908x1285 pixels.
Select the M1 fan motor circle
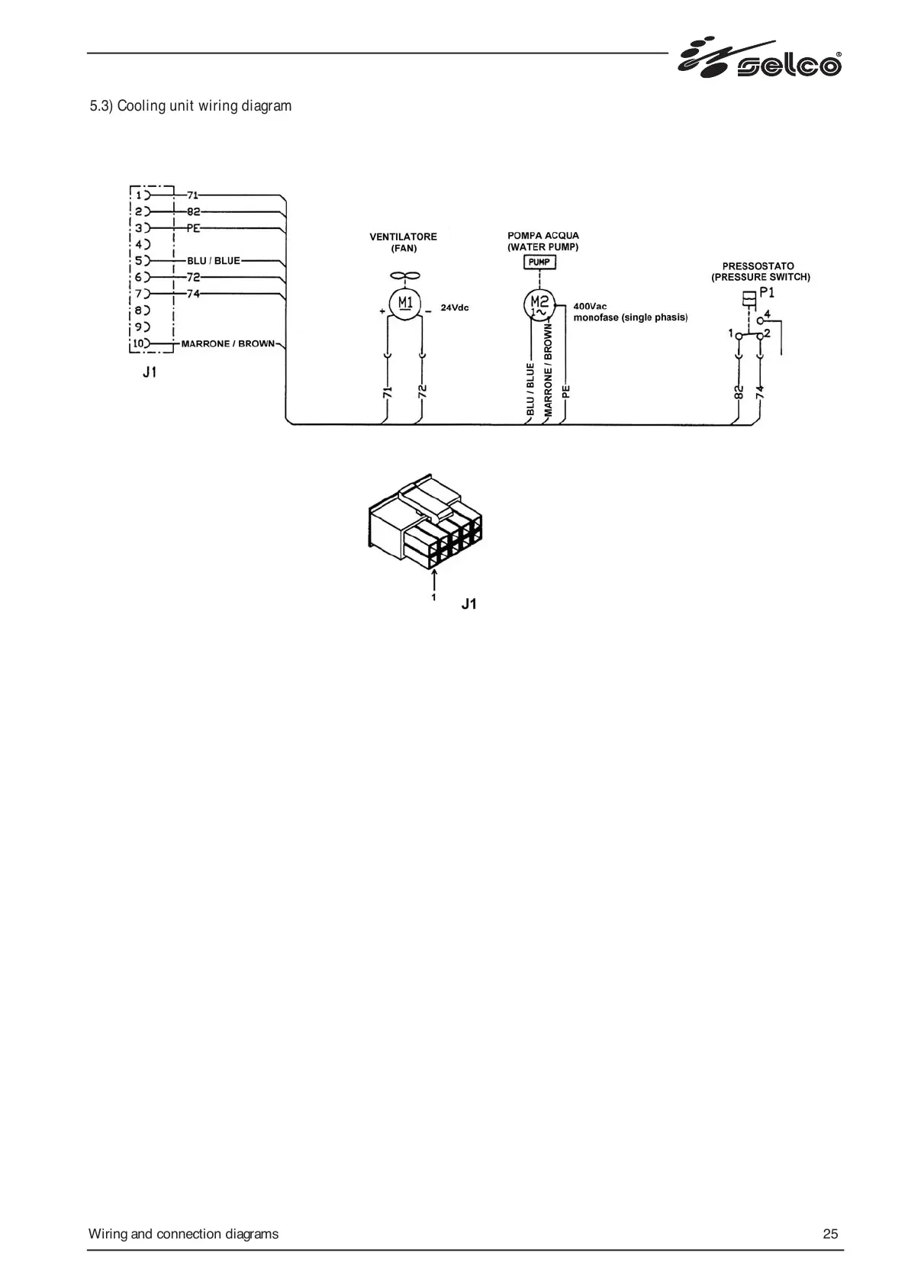[404, 304]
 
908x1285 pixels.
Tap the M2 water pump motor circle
[539, 304]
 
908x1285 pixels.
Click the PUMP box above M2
[539, 262]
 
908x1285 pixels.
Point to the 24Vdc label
[455, 308]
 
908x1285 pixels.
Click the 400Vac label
[590, 307]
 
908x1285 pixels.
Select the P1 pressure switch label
[767, 293]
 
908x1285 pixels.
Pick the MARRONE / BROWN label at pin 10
[227, 343]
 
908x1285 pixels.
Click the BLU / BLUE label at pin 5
[213, 261]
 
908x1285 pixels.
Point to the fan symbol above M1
[404, 275]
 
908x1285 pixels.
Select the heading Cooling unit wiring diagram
[191, 105]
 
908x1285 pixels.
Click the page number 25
[830, 1234]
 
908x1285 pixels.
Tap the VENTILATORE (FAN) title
[404, 242]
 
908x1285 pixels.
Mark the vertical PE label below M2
[566, 392]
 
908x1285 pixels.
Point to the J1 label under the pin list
[150, 373]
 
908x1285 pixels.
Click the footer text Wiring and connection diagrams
[183, 1234]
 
